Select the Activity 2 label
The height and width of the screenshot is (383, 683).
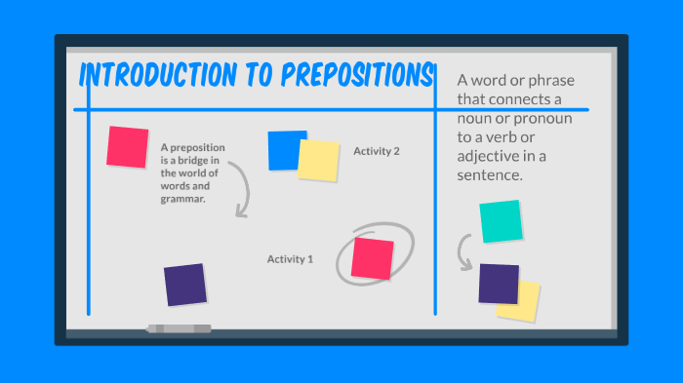[x=377, y=151]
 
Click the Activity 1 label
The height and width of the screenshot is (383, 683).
[x=291, y=259]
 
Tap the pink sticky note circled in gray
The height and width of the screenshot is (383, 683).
[x=372, y=257]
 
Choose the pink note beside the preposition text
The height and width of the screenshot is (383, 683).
[x=128, y=146]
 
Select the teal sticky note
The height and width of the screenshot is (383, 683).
[x=500, y=221]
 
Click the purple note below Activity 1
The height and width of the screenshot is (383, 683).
[x=184, y=285]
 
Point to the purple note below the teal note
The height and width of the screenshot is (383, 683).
[x=499, y=283]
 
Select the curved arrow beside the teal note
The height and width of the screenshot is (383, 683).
[x=464, y=252]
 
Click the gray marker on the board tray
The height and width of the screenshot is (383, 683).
[x=179, y=329]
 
